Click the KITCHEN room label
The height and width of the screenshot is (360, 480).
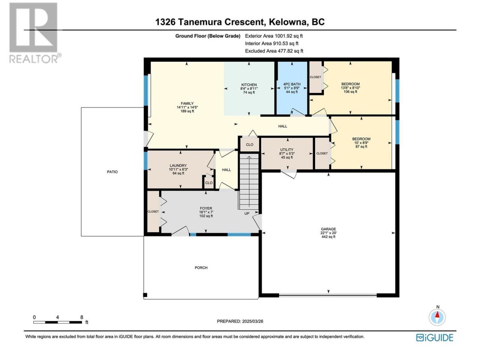tap(249, 85)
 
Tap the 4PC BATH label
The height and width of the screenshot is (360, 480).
tap(292, 84)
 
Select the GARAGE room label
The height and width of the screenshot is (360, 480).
tap(328, 229)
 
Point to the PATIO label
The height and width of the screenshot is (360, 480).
tap(112, 172)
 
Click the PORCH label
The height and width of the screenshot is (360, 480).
tap(201, 267)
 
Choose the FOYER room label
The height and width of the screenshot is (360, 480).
tap(206, 208)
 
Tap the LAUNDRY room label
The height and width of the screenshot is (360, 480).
tap(178, 166)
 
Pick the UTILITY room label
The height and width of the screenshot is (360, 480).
tap(287, 150)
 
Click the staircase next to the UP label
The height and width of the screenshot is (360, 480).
tap(249, 181)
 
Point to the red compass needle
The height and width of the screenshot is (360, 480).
tap(438, 315)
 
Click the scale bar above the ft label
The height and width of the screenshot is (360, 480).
tap(58, 322)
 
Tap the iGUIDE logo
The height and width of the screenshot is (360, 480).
tap(435, 338)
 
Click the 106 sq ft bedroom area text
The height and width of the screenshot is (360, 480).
tap(350, 92)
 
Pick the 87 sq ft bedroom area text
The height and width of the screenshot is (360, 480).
tap(361, 147)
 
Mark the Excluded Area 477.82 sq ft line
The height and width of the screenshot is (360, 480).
tap(274, 51)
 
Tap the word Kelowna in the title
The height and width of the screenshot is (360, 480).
tap(287, 22)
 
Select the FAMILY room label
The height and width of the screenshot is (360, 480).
tap(187, 103)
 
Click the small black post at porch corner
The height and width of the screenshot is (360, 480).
tap(145, 295)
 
